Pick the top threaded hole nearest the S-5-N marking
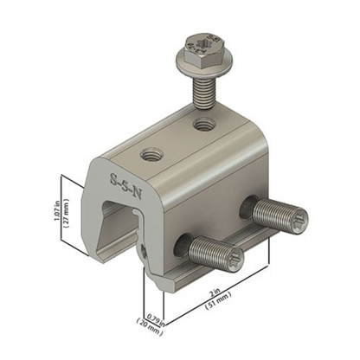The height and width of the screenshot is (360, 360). [x=150, y=157]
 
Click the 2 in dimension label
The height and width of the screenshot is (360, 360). [x=224, y=297]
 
